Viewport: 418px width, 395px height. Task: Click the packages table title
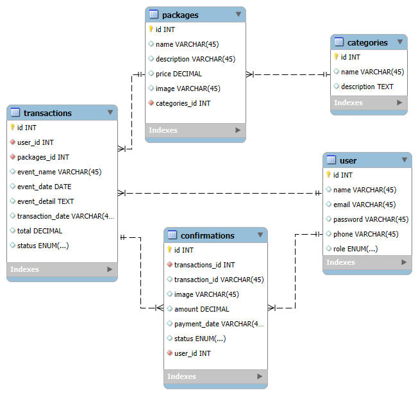(180, 15)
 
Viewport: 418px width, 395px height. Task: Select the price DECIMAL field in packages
(179, 74)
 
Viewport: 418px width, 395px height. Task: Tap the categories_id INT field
(183, 103)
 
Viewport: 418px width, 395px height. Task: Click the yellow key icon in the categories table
(336, 56)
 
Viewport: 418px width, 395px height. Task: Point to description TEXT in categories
(367, 87)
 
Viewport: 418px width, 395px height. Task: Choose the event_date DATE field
(44, 187)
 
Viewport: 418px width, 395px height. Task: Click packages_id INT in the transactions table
(43, 157)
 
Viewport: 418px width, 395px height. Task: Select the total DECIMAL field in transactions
(40, 231)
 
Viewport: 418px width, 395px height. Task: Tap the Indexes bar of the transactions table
(62, 269)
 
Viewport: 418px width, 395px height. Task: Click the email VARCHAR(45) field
(364, 205)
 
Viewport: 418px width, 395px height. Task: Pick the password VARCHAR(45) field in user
(371, 219)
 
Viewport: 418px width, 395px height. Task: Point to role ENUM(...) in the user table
(355, 249)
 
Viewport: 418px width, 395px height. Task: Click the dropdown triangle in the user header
(405, 160)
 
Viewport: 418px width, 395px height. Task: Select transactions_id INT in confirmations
(205, 265)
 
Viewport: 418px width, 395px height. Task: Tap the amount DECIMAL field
(201, 309)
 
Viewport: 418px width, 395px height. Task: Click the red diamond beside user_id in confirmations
(169, 353)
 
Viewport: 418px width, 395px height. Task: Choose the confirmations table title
(208, 236)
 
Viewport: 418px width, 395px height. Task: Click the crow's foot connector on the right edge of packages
(250, 74)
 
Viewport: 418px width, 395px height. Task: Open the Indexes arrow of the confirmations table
(260, 376)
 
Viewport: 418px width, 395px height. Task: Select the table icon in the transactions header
(15, 112)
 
